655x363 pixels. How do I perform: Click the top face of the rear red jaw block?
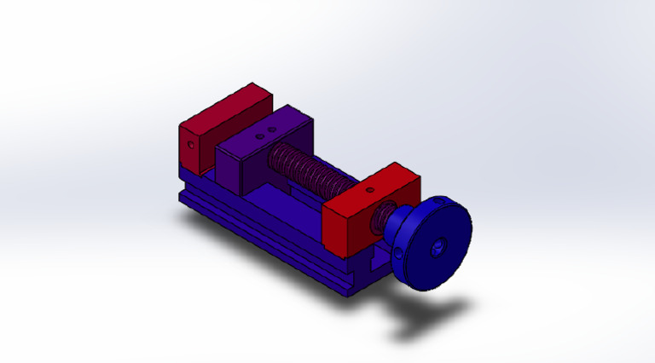point(225,107)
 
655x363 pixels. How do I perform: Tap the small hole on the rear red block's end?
point(192,144)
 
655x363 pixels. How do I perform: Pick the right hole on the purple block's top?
point(272,130)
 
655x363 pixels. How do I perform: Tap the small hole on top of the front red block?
point(374,187)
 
